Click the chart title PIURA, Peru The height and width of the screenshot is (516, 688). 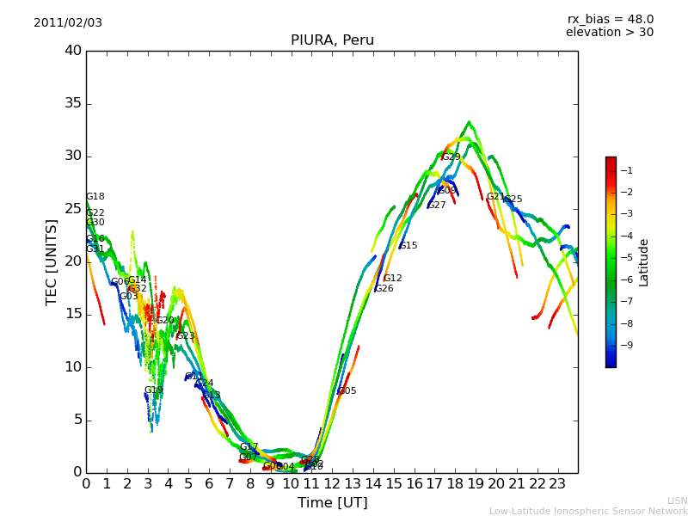pyautogui.click(x=332, y=40)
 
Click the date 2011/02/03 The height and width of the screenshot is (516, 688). pyautogui.click(x=68, y=23)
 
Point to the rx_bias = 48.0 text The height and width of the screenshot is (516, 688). pyautogui.click(x=610, y=19)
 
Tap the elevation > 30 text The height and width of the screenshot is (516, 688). pyautogui.click(x=610, y=33)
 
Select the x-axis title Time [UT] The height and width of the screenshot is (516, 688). pyautogui.click(x=332, y=503)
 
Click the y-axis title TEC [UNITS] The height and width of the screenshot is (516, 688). pyautogui.click(x=52, y=261)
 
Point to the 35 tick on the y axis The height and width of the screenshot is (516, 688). pyautogui.click(x=73, y=103)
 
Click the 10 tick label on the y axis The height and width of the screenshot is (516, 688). pyautogui.click(x=73, y=367)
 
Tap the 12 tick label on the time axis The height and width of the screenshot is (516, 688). pyautogui.click(x=332, y=483)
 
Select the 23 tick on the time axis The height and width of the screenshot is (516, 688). pyautogui.click(x=557, y=483)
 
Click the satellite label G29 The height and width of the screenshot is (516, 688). pyautogui.click(x=451, y=157)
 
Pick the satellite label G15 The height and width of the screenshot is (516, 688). pyautogui.click(x=408, y=246)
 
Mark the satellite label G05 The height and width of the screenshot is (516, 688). pyautogui.click(x=347, y=391)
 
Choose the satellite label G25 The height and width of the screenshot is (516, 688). pyautogui.click(x=513, y=200)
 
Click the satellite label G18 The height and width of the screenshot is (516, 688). pyautogui.click(x=95, y=197)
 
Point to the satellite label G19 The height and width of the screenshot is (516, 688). pyautogui.click(x=154, y=390)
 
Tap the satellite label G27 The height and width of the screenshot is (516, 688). pyautogui.click(x=437, y=206)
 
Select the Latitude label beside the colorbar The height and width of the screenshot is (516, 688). pyautogui.click(x=644, y=261)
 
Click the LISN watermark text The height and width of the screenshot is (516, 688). pyautogui.click(x=677, y=501)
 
